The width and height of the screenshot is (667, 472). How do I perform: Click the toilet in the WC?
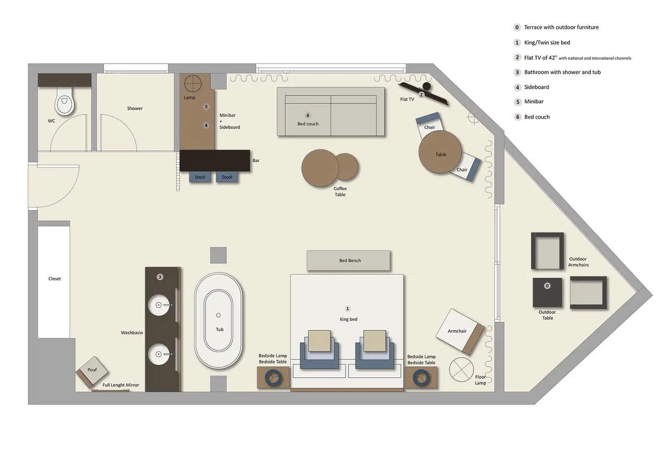click(x=65, y=102)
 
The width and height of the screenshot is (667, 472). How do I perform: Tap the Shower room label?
click(x=135, y=109)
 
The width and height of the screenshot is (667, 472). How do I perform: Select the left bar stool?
click(x=200, y=177)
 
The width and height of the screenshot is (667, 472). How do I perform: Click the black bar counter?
click(x=215, y=160)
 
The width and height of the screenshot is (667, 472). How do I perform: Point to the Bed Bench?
click(x=349, y=260)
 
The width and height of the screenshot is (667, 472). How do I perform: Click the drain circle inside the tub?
click(x=218, y=315)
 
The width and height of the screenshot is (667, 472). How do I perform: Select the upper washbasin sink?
click(x=159, y=305)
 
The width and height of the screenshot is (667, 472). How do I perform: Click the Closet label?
click(x=55, y=279)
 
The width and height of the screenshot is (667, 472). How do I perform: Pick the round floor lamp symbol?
click(x=461, y=369)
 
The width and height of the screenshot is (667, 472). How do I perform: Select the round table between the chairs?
click(x=440, y=152)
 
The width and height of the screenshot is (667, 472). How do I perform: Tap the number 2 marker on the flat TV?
click(x=421, y=95)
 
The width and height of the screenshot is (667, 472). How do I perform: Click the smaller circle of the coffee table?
click(x=346, y=166)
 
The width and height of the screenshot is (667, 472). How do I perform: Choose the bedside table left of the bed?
click(x=273, y=378)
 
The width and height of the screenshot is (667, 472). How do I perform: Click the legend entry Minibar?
click(x=534, y=102)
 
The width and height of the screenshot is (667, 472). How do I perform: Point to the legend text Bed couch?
click(x=537, y=117)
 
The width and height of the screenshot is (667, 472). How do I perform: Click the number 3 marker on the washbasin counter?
click(x=160, y=277)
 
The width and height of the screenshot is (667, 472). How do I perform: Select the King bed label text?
click(x=349, y=319)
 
